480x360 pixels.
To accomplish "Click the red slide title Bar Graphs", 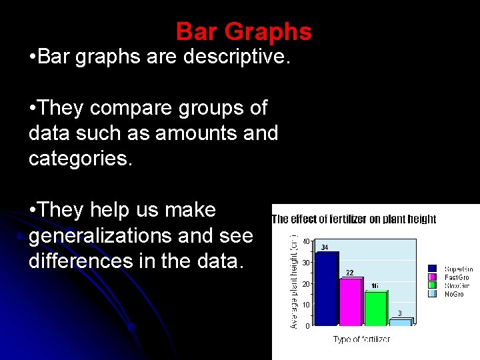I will point(243,31).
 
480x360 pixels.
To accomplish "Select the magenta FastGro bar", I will point(351,301).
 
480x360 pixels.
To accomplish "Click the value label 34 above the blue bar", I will point(325,247).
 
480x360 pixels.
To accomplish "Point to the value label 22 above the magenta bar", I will point(349,272).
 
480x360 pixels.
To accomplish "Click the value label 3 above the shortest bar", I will point(400,313).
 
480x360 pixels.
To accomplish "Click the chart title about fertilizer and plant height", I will point(354,219).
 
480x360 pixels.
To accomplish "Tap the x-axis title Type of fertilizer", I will point(361,339).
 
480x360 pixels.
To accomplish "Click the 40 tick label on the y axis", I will point(305,241).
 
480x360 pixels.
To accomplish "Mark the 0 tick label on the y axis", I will point(307,326).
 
